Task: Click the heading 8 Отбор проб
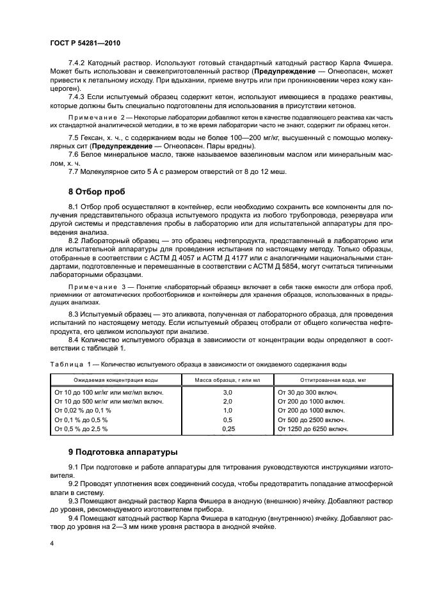[97, 191]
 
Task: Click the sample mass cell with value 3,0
[226, 391]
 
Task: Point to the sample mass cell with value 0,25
[226, 429]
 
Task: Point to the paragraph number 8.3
[76, 318]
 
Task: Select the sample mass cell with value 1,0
[226, 410]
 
